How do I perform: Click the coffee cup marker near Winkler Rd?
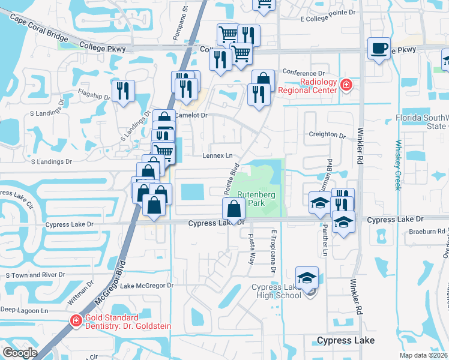pos(379,49)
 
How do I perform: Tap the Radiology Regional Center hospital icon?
pos(346,86)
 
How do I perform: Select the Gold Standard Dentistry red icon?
pos(76,321)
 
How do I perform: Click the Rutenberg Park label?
pos(256,199)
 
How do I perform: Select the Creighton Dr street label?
pos(327,135)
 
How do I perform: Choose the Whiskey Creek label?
pos(397,165)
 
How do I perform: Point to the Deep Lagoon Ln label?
pos(24,310)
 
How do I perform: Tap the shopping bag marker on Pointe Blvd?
pos(234,209)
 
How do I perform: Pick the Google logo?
pos(20,352)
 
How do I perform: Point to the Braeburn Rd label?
pos(432,231)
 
